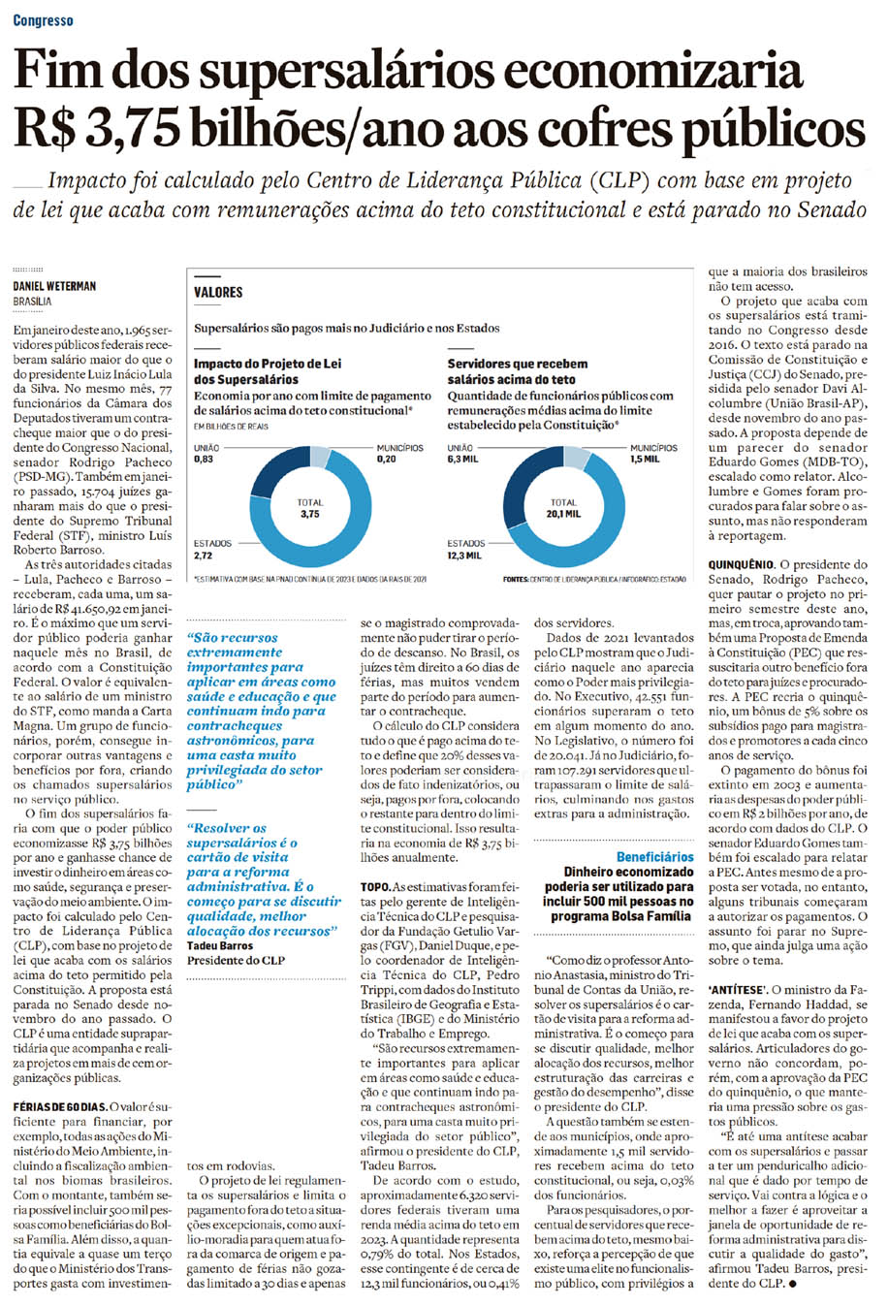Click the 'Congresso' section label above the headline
click(x=43, y=20)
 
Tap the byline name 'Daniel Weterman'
click(x=54, y=286)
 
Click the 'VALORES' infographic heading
click(x=218, y=292)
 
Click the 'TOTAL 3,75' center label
click(x=309, y=509)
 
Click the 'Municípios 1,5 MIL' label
click(x=653, y=454)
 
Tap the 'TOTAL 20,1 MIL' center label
click(x=563, y=509)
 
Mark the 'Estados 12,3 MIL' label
click(x=465, y=550)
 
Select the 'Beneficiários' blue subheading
click(x=655, y=857)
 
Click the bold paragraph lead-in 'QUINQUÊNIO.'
click(x=741, y=563)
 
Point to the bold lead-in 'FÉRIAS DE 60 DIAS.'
click(x=57, y=1106)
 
